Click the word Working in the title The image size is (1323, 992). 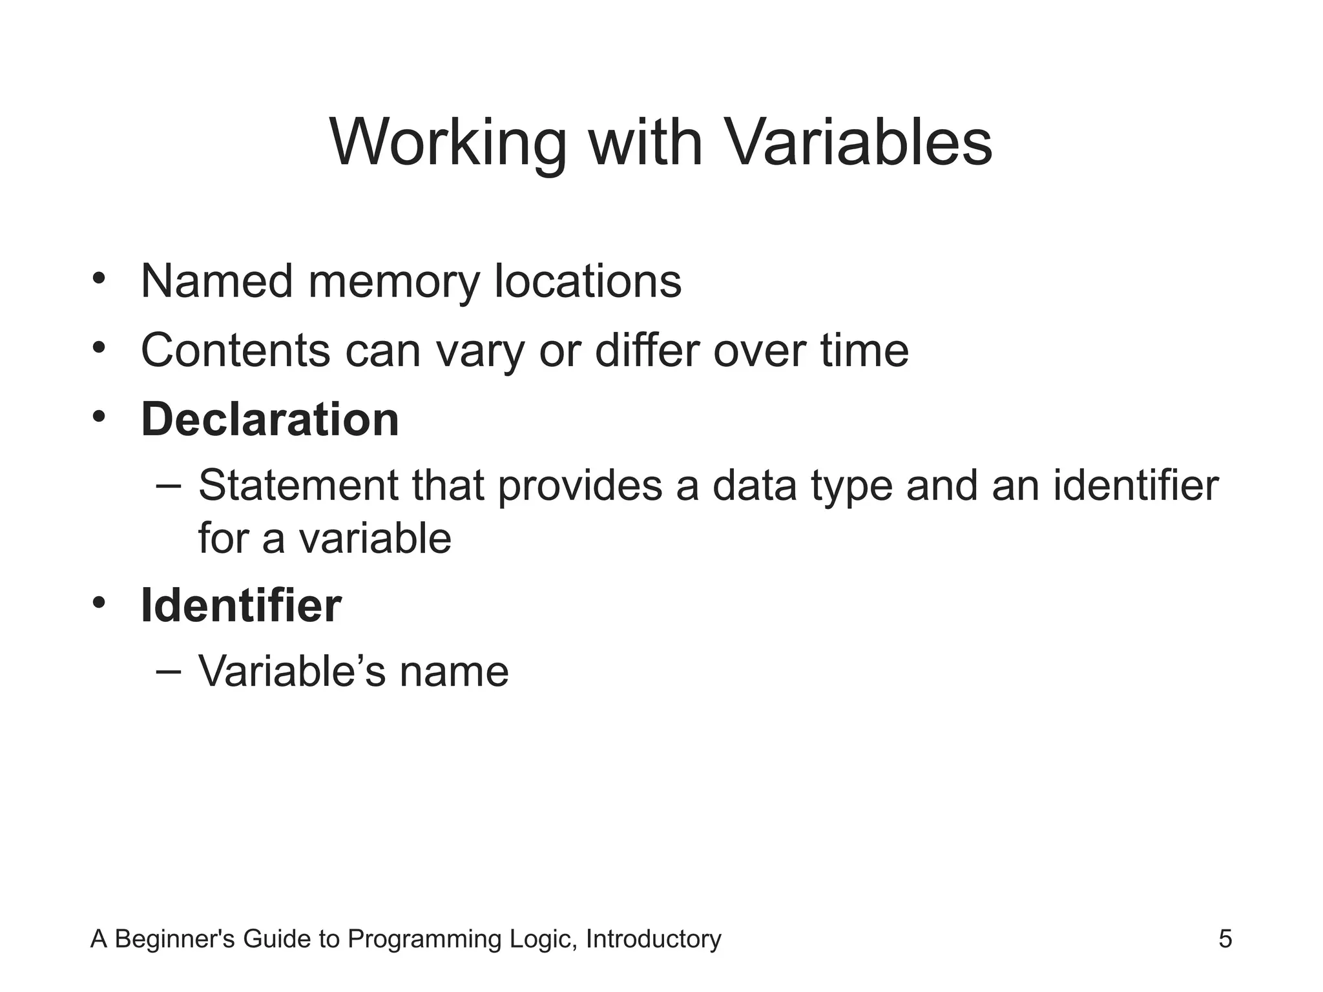[448, 143]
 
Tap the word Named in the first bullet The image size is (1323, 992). [216, 282]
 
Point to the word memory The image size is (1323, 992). [393, 283]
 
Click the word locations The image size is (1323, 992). [587, 282]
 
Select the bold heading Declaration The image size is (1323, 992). [270, 420]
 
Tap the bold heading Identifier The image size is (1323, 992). [241, 606]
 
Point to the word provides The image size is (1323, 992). [579, 486]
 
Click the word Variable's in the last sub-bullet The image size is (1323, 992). [291, 672]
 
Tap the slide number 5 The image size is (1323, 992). [1225, 939]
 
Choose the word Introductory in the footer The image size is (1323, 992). [653, 939]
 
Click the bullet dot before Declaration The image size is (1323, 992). [98, 417]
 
